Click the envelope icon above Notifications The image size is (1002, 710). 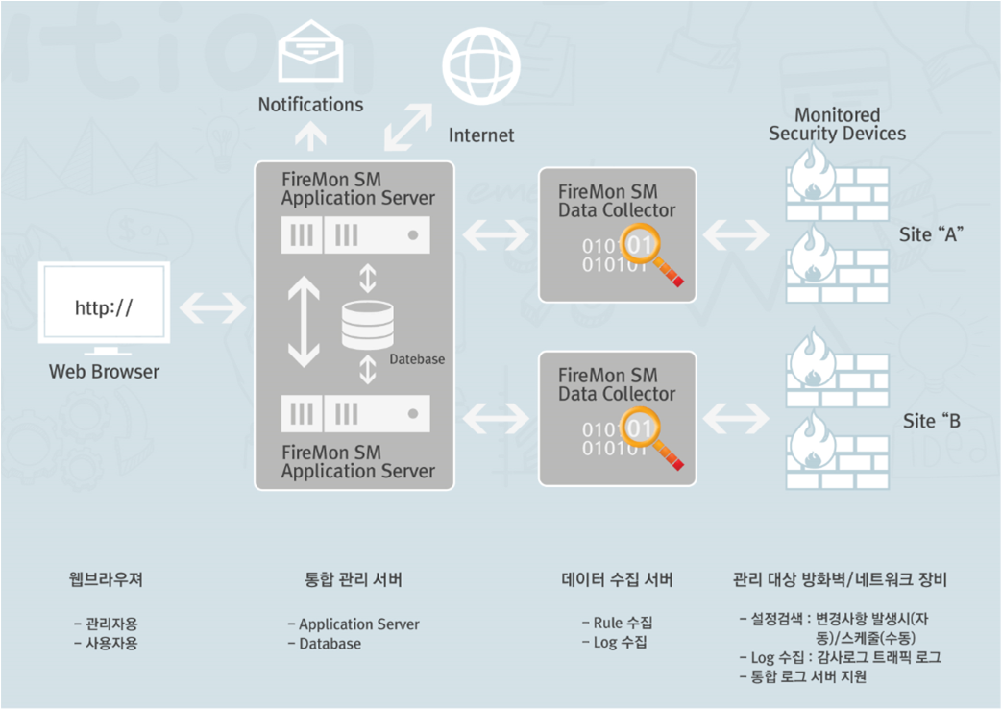310,51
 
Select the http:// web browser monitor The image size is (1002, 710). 104,306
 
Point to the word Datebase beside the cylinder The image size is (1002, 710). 417,359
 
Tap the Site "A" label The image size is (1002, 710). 933,234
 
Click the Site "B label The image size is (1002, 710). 932,421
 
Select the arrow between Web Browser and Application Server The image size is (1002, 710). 212,307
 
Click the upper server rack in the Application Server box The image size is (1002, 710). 355,234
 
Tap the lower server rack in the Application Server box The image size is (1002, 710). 355,414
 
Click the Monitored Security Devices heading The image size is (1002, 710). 837,125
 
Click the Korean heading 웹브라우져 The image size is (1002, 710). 106,579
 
